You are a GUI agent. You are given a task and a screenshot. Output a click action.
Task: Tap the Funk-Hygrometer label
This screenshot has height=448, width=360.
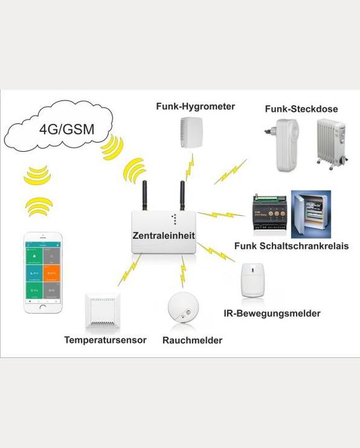pos(195,106)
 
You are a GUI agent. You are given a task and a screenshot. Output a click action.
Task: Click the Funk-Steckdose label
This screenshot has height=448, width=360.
pos(301,109)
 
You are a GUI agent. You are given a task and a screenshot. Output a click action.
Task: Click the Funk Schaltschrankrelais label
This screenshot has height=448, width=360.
pos(291,246)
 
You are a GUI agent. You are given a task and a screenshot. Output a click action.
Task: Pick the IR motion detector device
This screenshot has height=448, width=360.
pos(254,279)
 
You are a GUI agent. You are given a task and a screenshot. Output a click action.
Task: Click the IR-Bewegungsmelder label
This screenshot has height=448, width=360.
pos(272,314)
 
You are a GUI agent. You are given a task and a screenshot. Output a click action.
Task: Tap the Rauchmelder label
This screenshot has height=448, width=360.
pos(192,340)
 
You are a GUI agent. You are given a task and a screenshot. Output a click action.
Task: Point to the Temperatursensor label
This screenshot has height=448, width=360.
pos(105,340)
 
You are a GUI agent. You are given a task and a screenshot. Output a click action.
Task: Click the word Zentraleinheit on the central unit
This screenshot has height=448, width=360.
pos(164,236)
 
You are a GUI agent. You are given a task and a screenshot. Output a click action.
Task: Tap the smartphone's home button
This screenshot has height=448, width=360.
pos(43,307)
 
